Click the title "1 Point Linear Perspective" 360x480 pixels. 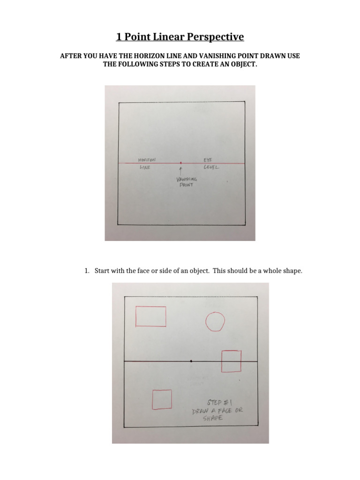click(180, 37)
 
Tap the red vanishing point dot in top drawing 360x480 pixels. click(181, 163)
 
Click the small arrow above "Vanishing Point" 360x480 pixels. click(181, 170)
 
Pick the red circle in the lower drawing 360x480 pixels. click(215, 322)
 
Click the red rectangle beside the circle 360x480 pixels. click(150, 316)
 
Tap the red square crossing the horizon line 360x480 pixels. click(231, 361)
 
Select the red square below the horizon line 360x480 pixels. click(162, 399)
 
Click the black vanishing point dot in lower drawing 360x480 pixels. click(191, 361)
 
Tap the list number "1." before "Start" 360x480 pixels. click(87, 271)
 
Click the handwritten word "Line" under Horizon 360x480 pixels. click(144, 167)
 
